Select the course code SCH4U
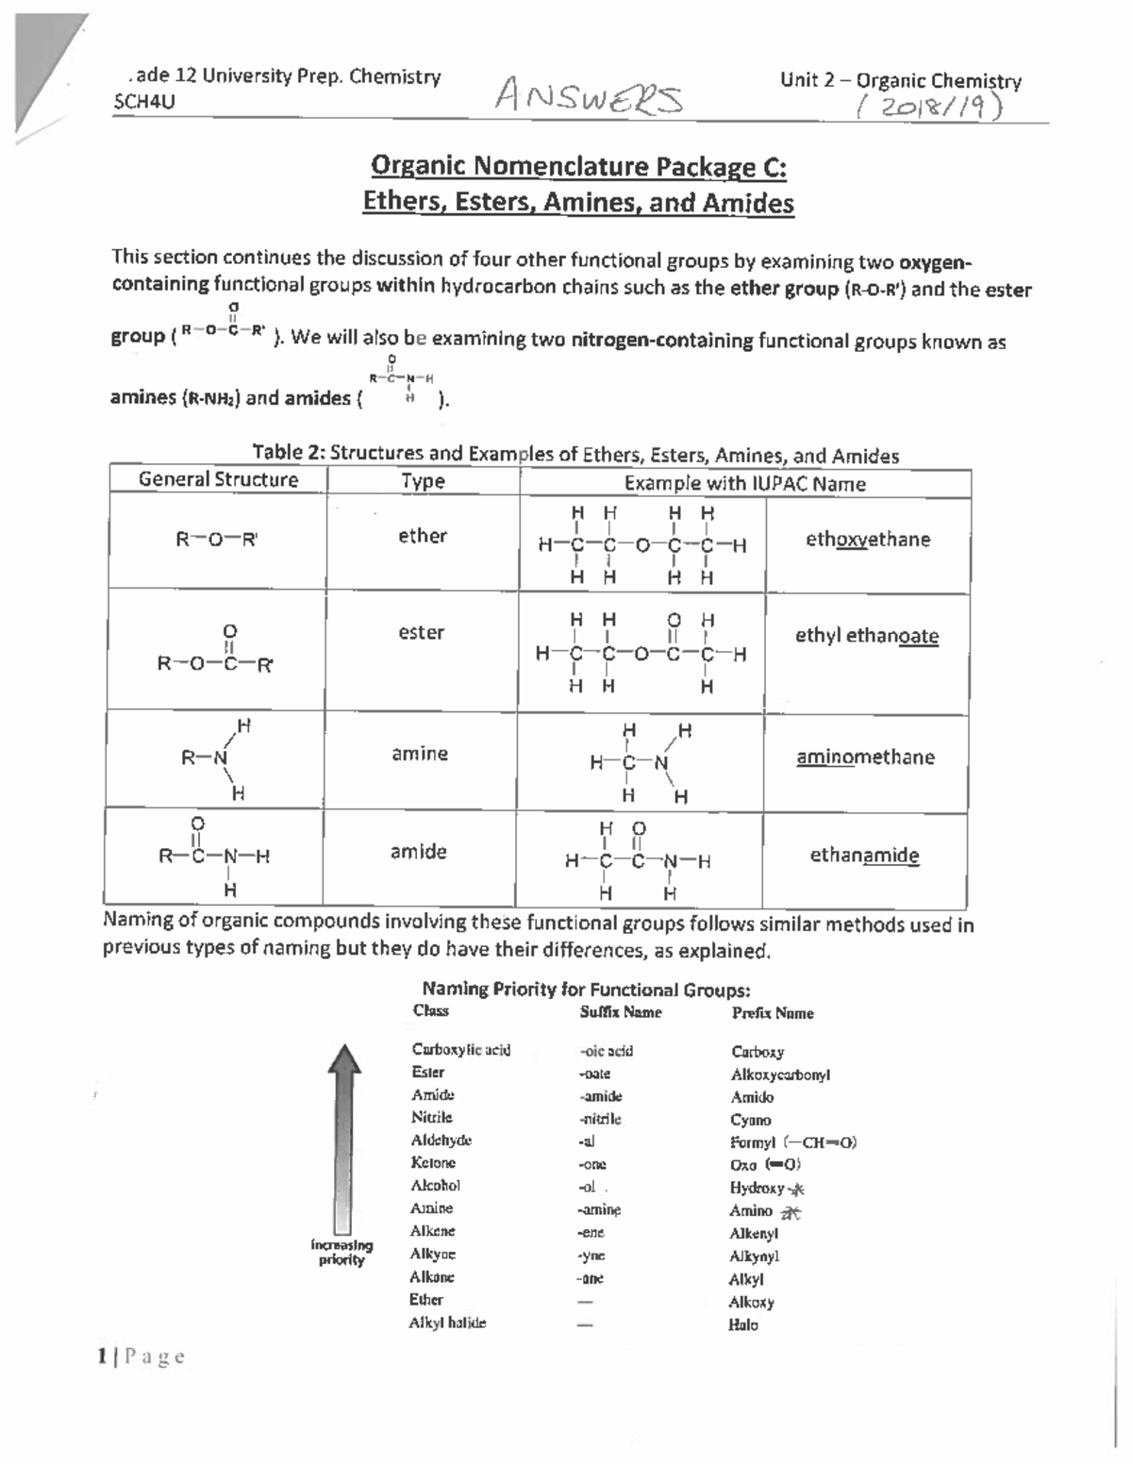coord(143,102)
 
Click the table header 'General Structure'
coord(218,479)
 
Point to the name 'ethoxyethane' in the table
coord(867,540)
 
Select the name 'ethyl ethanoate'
coord(866,636)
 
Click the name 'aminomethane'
coord(865,757)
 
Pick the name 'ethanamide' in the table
coord(864,856)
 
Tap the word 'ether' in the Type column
coord(422,536)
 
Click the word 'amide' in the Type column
coord(418,852)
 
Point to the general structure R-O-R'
coord(217,540)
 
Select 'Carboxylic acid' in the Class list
coord(460,1050)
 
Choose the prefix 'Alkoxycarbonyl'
coord(780,1074)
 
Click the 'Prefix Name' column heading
coord(772,1013)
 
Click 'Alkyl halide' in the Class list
coord(447,1323)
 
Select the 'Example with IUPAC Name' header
coord(744,484)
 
